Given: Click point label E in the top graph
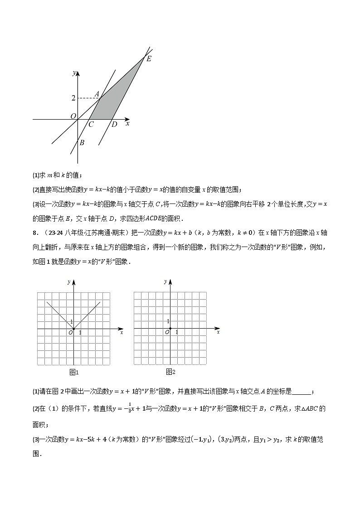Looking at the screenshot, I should click(149, 59).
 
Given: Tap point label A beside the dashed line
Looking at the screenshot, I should click(97, 94).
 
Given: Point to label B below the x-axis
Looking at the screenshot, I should click(82, 143).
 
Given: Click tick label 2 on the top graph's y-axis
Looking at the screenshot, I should click(73, 98).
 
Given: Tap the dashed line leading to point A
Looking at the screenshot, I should click(89, 98).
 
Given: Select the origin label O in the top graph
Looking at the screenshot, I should click(73, 116).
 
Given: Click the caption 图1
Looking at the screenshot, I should click(74, 372).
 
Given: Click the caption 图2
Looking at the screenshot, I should click(170, 372).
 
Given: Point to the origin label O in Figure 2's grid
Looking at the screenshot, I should click(167, 333).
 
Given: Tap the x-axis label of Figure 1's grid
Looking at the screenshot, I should click(122, 333).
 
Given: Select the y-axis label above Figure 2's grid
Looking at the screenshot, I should click(165, 282).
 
